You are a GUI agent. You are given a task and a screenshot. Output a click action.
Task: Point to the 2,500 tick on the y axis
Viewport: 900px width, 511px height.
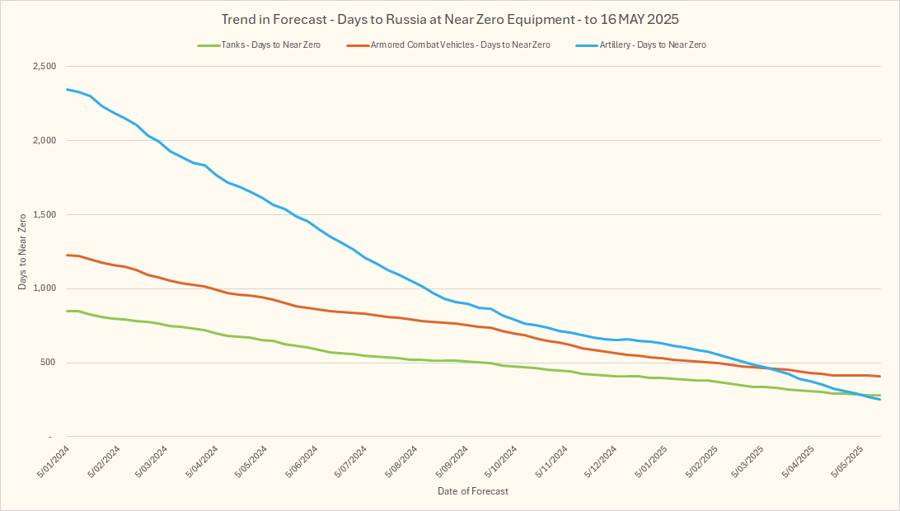click(42, 67)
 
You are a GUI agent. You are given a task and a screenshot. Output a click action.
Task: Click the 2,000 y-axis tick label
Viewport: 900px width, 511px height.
click(42, 141)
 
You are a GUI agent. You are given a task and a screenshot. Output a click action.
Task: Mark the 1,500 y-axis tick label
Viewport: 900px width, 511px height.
click(42, 215)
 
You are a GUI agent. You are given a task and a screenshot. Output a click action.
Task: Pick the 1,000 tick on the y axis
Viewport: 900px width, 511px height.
click(42, 289)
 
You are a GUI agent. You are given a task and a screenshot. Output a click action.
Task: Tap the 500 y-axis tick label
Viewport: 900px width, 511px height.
click(47, 363)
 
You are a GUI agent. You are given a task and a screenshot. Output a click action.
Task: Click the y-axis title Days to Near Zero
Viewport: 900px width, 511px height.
click(22, 251)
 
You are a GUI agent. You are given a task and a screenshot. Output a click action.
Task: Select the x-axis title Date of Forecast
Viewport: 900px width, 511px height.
click(473, 491)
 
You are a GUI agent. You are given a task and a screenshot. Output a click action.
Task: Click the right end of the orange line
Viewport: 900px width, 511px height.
click(880, 377)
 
